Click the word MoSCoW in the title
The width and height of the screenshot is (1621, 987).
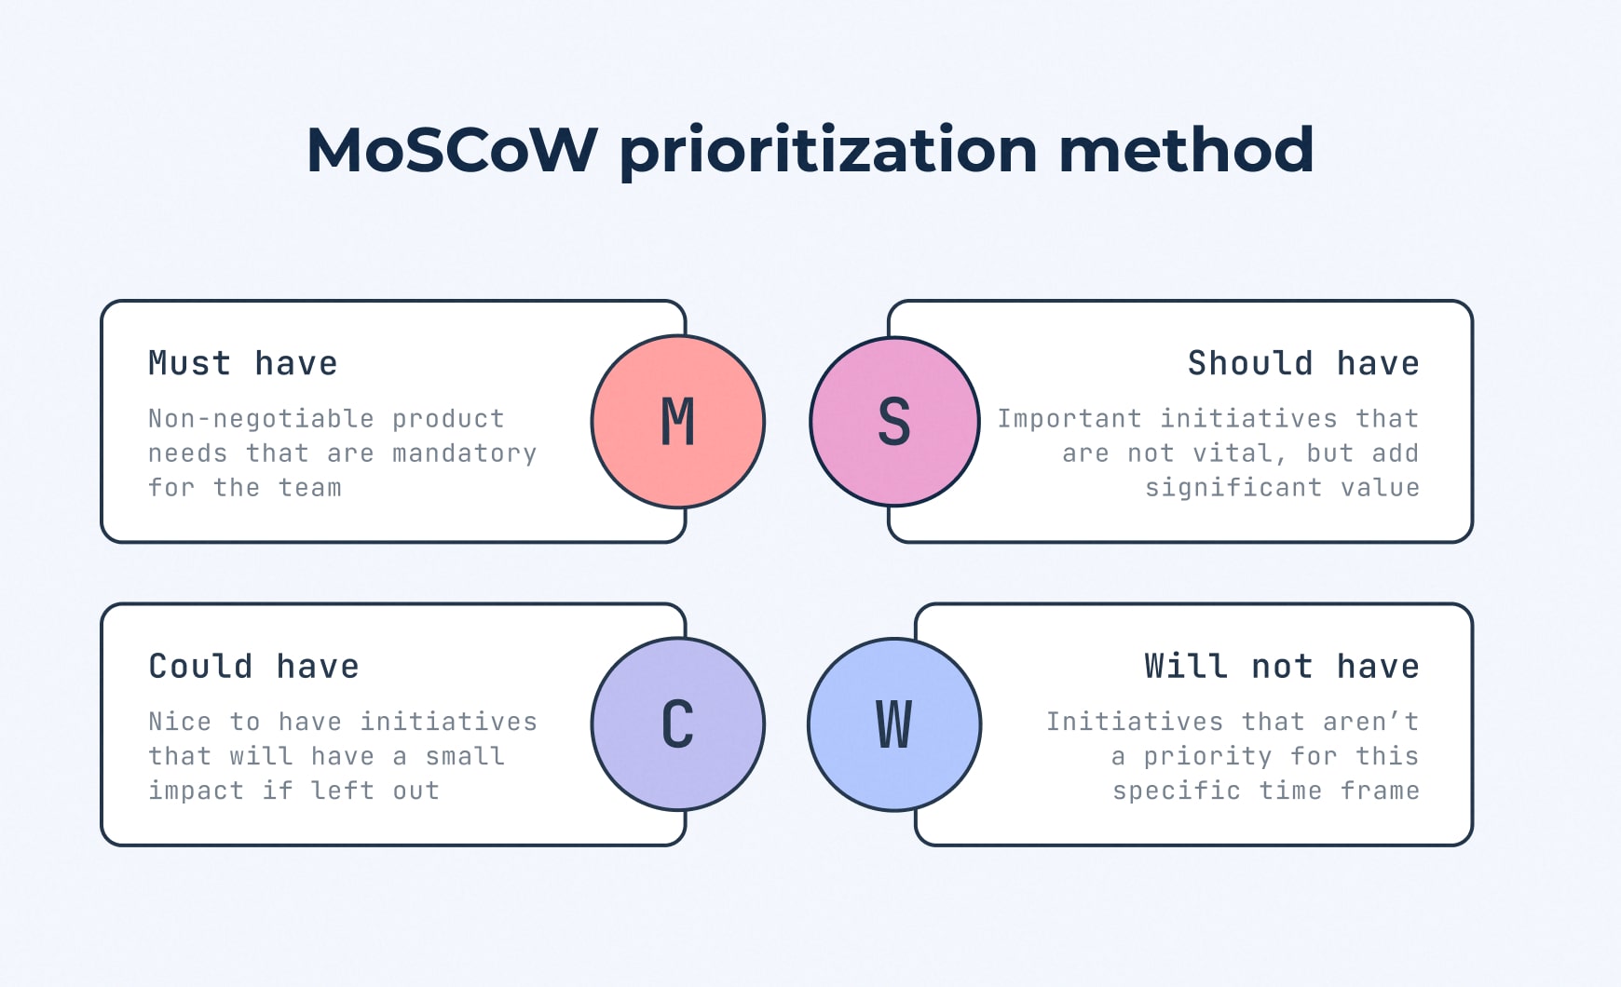pos(452,149)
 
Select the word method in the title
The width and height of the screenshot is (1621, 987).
pos(1186,149)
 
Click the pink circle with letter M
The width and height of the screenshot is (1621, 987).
pos(678,422)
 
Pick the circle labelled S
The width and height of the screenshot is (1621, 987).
pos(894,422)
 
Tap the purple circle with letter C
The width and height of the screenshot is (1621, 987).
pos(678,724)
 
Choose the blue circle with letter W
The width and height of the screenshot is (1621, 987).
pos(894,724)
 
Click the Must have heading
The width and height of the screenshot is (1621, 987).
pos(243,363)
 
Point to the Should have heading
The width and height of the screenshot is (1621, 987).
pos(1303,363)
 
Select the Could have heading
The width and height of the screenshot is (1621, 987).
pos(253,667)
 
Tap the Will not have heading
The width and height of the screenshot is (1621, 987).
pos(1282,667)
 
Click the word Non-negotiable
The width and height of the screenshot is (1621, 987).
pos(261,420)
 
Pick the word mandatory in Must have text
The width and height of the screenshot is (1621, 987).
pos(464,454)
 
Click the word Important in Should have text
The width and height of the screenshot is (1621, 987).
pos(1069,419)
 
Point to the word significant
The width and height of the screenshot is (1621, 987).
pos(1233,489)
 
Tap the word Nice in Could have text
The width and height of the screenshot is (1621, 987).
pos(180,722)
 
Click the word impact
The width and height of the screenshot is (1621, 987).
pos(196,791)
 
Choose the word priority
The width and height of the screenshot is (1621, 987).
pos(1207,757)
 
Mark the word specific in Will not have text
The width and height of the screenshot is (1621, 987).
pos(1177,791)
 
